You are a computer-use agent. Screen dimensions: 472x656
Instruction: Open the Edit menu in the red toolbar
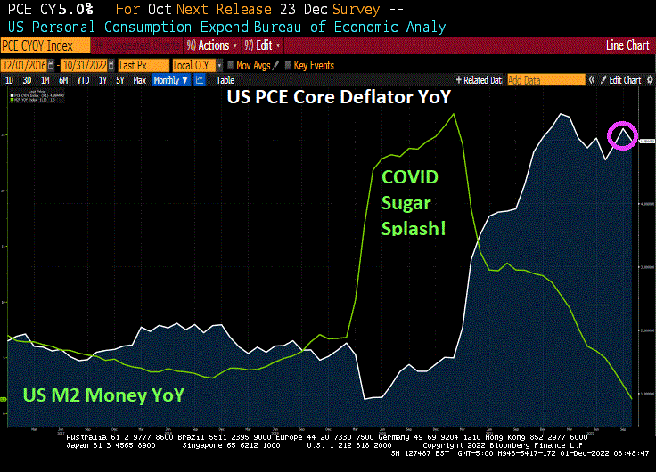(265, 45)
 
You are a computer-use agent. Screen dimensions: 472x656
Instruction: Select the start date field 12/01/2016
(23, 65)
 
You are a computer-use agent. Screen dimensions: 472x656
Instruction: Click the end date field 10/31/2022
(84, 65)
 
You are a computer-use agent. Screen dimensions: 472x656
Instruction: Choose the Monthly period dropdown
(170, 80)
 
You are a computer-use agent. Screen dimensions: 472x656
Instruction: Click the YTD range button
(83, 80)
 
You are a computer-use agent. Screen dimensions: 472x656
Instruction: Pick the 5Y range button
(120, 80)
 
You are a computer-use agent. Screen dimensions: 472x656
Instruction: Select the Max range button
(139, 80)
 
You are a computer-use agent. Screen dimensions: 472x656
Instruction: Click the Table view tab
(225, 80)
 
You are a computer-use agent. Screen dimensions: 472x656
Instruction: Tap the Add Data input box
(545, 80)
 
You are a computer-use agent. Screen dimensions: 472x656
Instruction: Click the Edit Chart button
(624, 80)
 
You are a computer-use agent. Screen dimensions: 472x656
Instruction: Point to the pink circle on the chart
(622, 136)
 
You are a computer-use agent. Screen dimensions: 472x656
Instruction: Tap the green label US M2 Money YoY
(103, 395)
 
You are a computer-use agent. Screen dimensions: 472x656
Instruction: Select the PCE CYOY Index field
(46, 45)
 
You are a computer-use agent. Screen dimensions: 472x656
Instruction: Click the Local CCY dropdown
(193, 65)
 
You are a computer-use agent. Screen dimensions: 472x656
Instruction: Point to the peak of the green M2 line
(455, 114)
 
